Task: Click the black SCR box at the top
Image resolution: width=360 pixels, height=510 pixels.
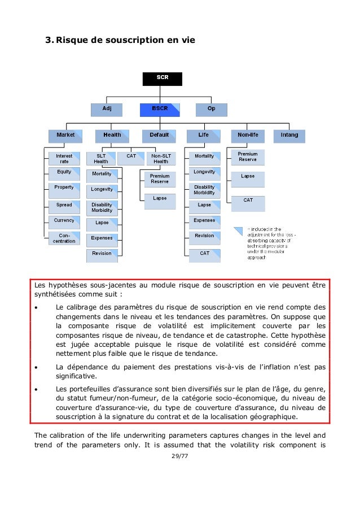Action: click(162, 79)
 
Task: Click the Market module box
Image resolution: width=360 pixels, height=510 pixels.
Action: click(65, 136)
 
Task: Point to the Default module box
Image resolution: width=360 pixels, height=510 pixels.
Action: click(159, 136)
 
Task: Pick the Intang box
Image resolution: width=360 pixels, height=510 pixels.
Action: click(289, 136)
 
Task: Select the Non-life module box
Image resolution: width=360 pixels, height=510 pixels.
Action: click(248, 136)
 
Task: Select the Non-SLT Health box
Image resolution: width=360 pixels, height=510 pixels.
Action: click(161, 158)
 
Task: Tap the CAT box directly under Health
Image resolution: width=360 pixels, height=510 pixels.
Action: click(131, 156)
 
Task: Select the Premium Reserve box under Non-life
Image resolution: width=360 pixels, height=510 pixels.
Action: click(248, 156)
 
